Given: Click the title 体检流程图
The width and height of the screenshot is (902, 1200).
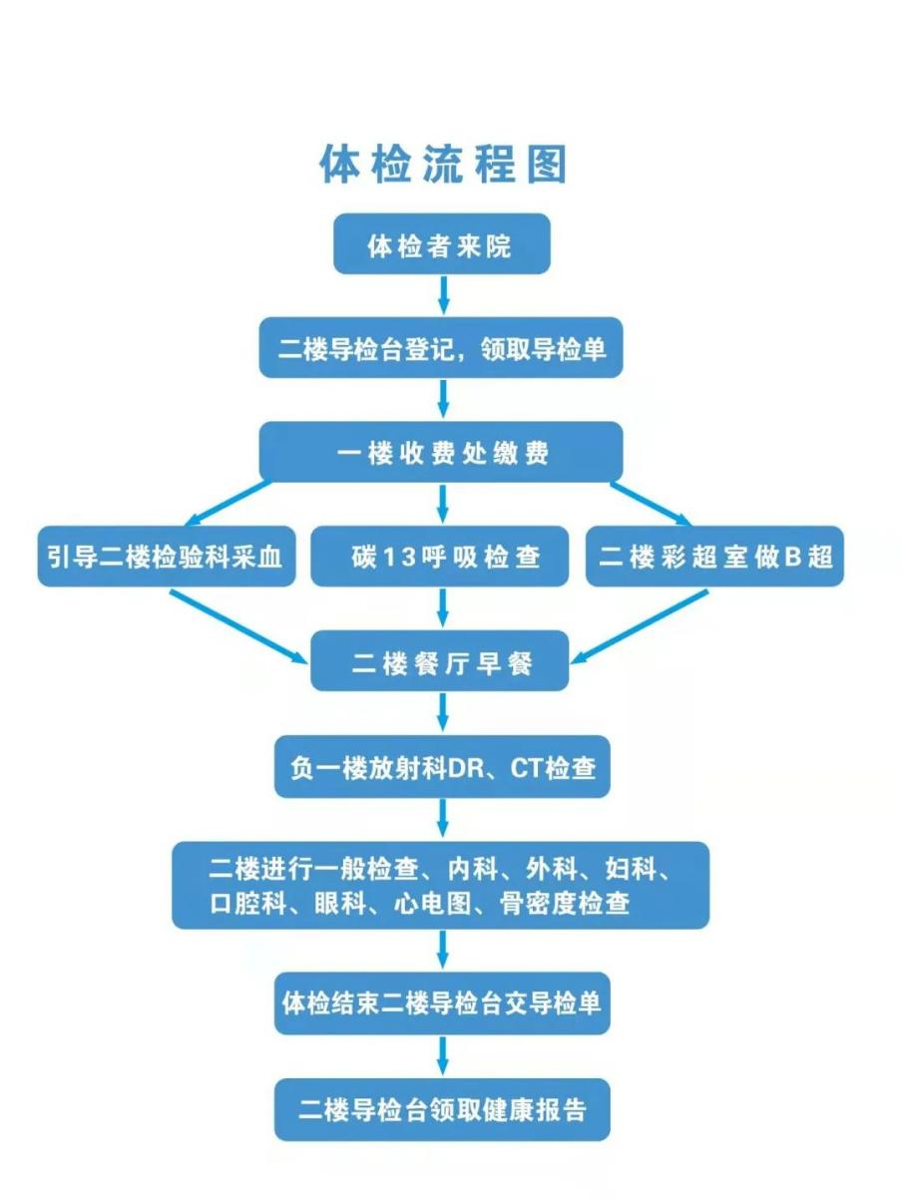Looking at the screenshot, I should pyautogui.click(x=442, y=165).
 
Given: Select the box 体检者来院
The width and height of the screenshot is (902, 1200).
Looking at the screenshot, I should pyautogui.click(x=441, y=244).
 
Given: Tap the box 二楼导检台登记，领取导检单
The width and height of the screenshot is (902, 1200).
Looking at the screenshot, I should pyautogui.click(x=441, y=348).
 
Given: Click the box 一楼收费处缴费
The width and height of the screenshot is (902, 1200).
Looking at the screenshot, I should pyautogui.click(x=441, y=452).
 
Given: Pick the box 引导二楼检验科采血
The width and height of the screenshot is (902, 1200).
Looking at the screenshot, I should pyautogui.click(x=166, y=557).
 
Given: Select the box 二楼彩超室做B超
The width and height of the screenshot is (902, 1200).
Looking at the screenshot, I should pyautogui.click(x=714, y=557).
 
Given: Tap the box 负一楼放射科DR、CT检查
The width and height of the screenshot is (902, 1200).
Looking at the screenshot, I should pyautogui.click(x=442, y=768).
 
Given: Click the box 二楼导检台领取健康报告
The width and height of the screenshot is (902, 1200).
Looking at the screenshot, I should pyautogui.click(x=442, y=1109).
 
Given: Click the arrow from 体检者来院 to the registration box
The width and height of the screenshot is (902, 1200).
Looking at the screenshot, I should pyautogui.click(x=443, y=294).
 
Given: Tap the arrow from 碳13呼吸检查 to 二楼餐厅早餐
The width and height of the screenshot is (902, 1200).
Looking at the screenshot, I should pyautogui.click(x=443, y=607).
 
